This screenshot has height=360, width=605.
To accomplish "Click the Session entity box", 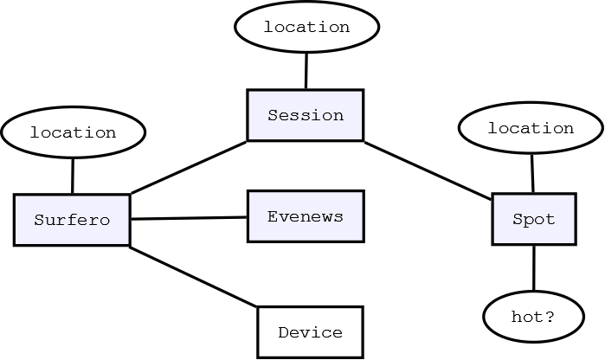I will click(305, 115).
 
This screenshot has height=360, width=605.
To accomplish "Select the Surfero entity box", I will click(72, 220).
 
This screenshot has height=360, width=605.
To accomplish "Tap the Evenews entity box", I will click(305, 216).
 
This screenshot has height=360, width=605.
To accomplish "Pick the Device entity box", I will click(310, 332).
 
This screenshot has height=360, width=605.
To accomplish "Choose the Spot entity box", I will click(533, 219).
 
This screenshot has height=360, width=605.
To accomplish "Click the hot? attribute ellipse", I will click(533, 317).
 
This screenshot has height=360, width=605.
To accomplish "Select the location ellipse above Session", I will click(306, 27).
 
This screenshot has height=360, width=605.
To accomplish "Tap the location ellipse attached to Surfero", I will click(73, 132).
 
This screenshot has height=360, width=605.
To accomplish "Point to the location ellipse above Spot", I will click(531, 128).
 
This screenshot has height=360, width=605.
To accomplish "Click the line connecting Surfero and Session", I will click(189, 167).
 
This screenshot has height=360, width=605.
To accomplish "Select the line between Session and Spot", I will click(428, 170).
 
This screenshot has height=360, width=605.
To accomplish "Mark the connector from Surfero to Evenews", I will click(189, 218).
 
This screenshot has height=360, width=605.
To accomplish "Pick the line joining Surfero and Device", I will click(194, 277).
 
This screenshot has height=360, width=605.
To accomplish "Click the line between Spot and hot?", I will click(533, 268).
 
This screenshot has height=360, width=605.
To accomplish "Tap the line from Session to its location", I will click(306, 70).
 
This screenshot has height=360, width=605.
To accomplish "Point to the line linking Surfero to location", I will click(73, 177).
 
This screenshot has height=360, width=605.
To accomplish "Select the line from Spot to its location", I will click(532, 173).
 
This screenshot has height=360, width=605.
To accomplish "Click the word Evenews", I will click(305, 216).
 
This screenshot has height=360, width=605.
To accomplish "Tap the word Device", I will click(310, 332).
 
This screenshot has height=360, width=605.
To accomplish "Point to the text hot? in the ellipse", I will click(533, 317).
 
